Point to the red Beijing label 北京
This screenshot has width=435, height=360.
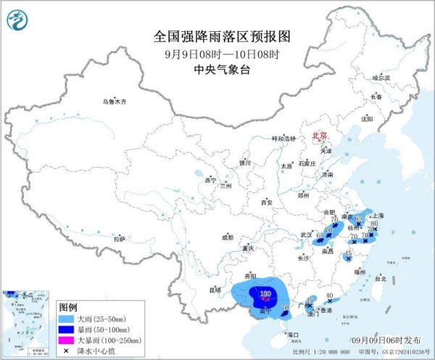click(319, 136)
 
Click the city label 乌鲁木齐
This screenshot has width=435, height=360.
click(114, 102)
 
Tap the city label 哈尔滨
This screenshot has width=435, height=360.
click(381, 78)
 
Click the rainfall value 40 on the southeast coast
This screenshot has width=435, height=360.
click(330, 295)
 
